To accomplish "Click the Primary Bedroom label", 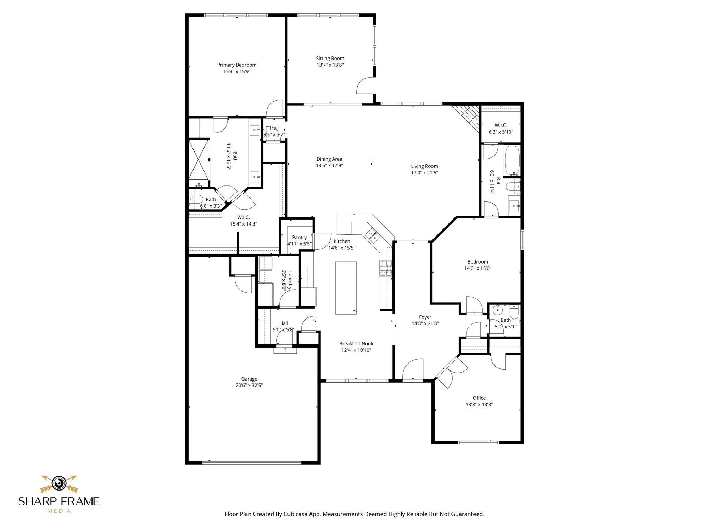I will [236, 65].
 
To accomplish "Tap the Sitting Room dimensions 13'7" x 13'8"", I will [330, 65].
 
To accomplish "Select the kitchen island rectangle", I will [346, 288].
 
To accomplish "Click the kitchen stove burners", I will [386, 268].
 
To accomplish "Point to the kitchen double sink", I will [372, 235].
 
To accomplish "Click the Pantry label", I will [299, 238].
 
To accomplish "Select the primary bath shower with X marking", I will [198, 160].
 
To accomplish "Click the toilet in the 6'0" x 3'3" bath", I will [195, 199].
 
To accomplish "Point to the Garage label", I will [249, 379].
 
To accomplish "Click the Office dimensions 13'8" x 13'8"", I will [479, 404].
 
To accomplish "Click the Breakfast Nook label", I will [356, 344].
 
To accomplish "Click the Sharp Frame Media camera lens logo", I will [59, 483].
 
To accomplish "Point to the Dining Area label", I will [329, 159].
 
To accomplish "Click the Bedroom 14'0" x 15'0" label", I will [478, 262].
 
